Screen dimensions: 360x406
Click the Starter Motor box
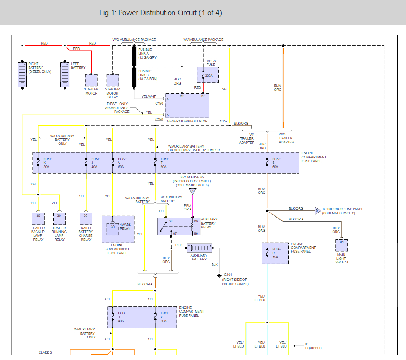coord(91,80)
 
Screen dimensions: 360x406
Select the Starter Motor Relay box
coord(112,80)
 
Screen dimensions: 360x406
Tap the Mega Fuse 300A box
coord(208,75)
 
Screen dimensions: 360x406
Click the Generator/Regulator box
coord(187,106)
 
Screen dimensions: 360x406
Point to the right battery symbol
coord(22,75)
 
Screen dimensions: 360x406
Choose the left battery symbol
coord(65,75)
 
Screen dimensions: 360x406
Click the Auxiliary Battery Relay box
coord(179,227)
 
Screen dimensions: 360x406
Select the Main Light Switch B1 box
coord(341,245)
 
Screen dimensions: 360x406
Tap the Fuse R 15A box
coord(275,253)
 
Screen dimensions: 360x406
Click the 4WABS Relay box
coord(118,229)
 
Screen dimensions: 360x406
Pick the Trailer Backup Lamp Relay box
coord(38,218)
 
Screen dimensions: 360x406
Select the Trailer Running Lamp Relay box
coord(59,218)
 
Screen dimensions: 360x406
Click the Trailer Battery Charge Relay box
coord(86,218)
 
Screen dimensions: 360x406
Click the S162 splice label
coord(224,121)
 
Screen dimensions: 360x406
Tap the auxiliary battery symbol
coord(199,247)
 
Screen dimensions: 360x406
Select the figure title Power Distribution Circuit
coord(160,12)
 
